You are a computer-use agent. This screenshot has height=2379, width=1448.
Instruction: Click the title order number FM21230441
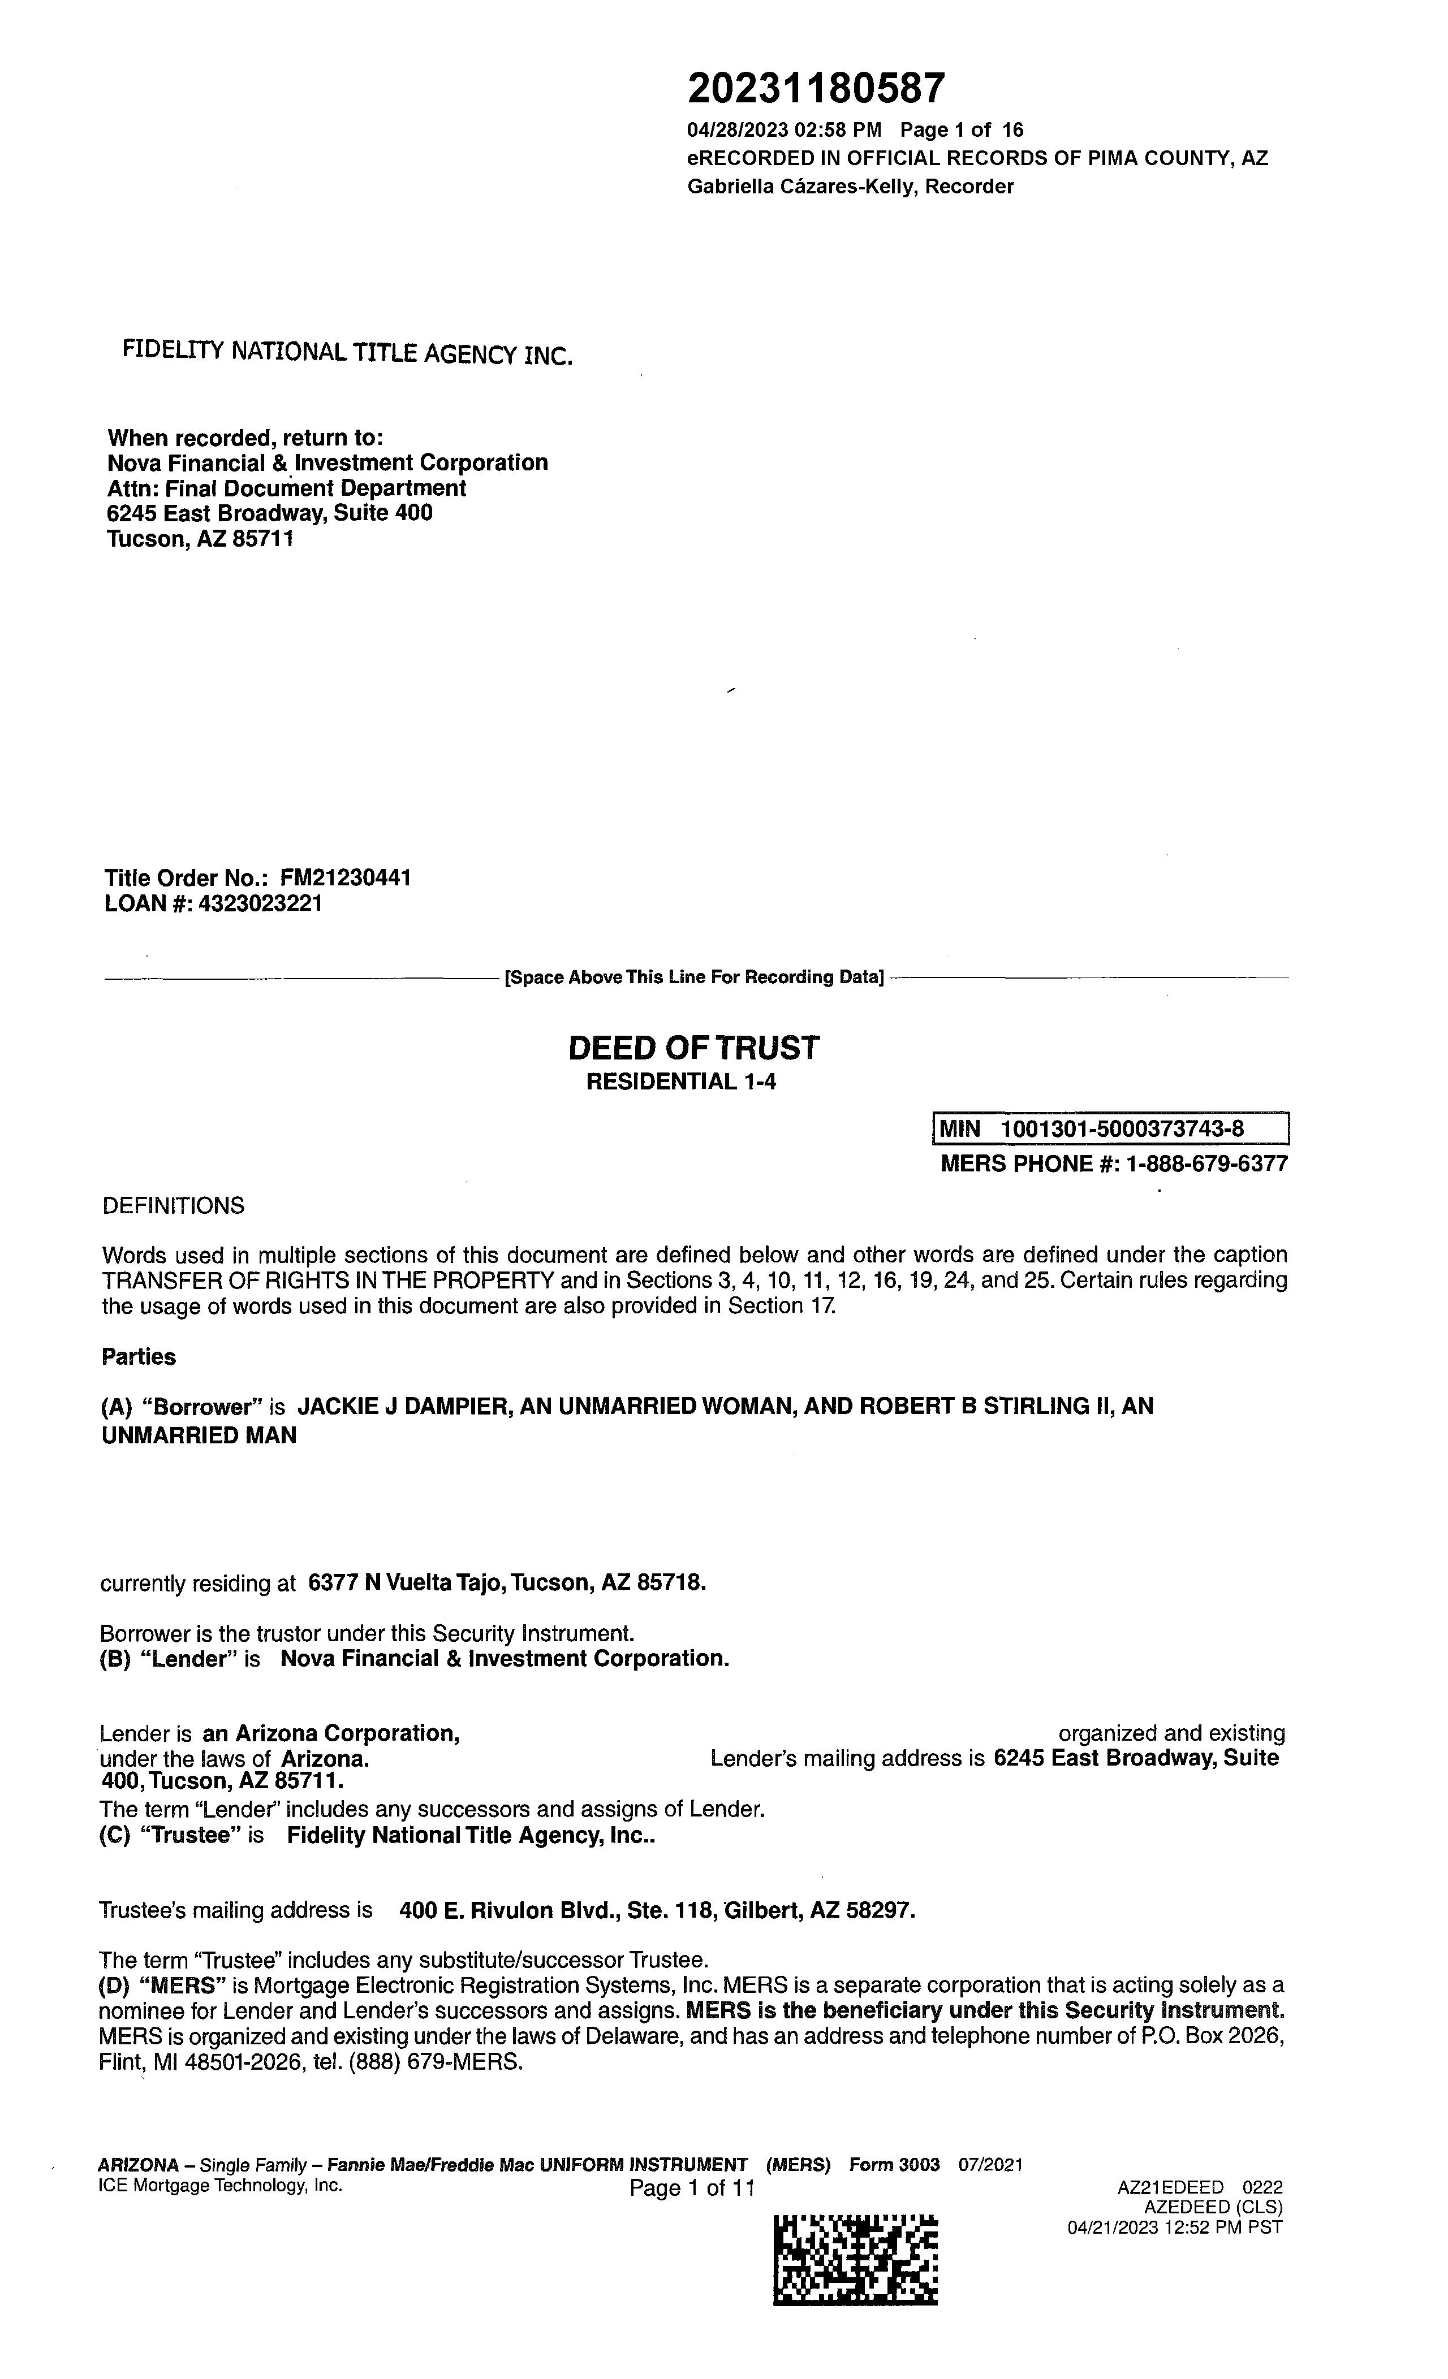point(345,877)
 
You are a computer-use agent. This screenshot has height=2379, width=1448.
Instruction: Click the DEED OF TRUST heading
point(693,1048)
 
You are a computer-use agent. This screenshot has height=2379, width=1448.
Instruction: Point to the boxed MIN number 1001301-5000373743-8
point(1122,1128)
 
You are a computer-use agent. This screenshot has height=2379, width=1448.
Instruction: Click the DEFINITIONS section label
point(173,1206)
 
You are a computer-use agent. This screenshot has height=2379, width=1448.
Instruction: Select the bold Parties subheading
point(139,1356)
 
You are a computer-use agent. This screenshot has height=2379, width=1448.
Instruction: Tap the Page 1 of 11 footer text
point(692,2188)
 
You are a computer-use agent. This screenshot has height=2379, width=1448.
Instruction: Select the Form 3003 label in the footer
point(894,2165)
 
